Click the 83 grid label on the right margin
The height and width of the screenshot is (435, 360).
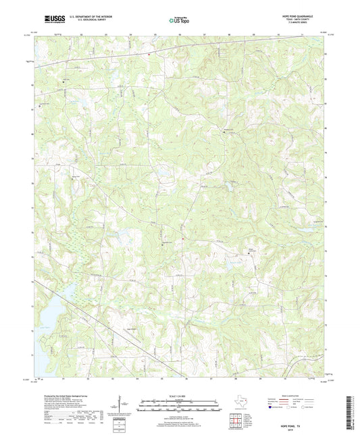coord(327,54)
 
